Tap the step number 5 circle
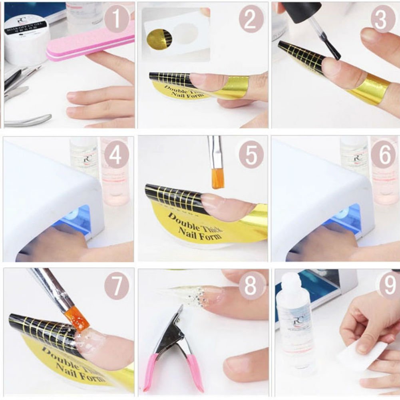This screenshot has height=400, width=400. click(251, 154)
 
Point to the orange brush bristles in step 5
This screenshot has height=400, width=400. click(218, 178)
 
